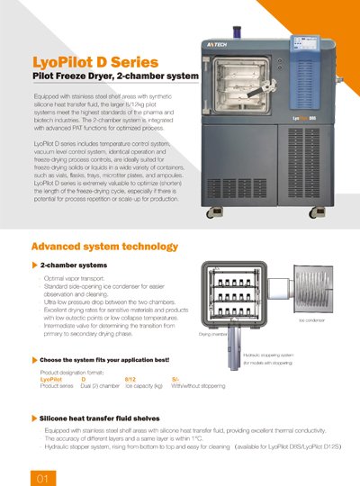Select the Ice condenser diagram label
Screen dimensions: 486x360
point(311,319)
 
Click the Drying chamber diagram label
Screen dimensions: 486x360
point(212,332)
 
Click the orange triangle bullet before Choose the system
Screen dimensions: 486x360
point(34,360)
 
